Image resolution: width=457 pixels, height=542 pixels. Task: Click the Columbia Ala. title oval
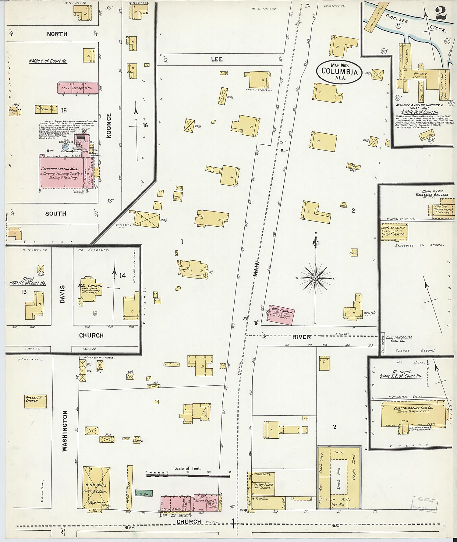pyautogui.click(x=339, y=72)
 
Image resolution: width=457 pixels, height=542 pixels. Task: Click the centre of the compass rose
pyautogui.click(x=316, y=278)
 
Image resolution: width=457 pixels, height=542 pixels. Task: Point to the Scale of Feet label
pyautogui.click(x=187, y=468)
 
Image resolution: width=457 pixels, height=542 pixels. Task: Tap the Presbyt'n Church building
pyautogui.click(x=35, y=401)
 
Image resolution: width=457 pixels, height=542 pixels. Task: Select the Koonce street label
pyautogui.click(x=109, y=126)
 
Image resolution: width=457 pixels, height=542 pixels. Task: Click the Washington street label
pyautogui.click(x=65, y=431)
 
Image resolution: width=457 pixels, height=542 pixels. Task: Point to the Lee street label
pyautogui.click(x=217, y=59)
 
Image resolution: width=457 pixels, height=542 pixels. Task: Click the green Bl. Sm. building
pyautogui.click(x=143, y=493)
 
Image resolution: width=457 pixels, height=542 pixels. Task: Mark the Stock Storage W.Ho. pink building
pyautogui.click(x=78, y=88)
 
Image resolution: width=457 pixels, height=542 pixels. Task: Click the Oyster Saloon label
pyautogui.click(x=264, y=486)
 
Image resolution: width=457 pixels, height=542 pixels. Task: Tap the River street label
pyautogui.click(x=301, y=337)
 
